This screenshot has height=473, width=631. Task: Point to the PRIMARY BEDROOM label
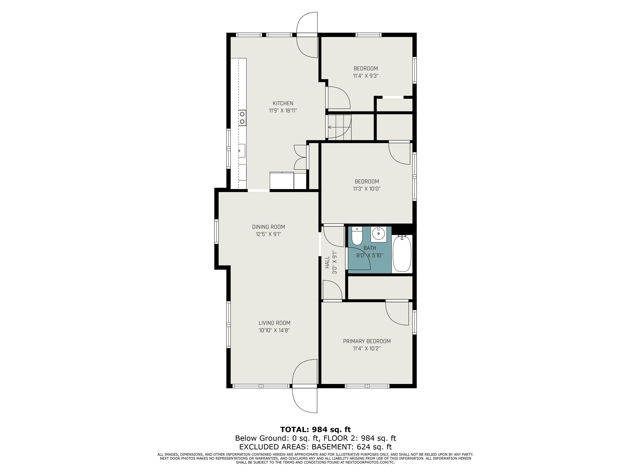tap(367, 341)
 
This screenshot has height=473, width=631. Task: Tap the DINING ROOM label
tap(268, 227)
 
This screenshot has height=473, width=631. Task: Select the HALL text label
tap(327, 262)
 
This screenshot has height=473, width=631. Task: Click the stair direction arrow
tap(331, 127)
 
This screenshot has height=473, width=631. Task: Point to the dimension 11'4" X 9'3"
tap(365, 76)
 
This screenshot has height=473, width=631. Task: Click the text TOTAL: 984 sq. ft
tap(315, 429)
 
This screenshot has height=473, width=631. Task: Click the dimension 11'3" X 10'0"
tap(367, 189)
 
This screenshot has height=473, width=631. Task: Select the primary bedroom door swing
tap(397, 312)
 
